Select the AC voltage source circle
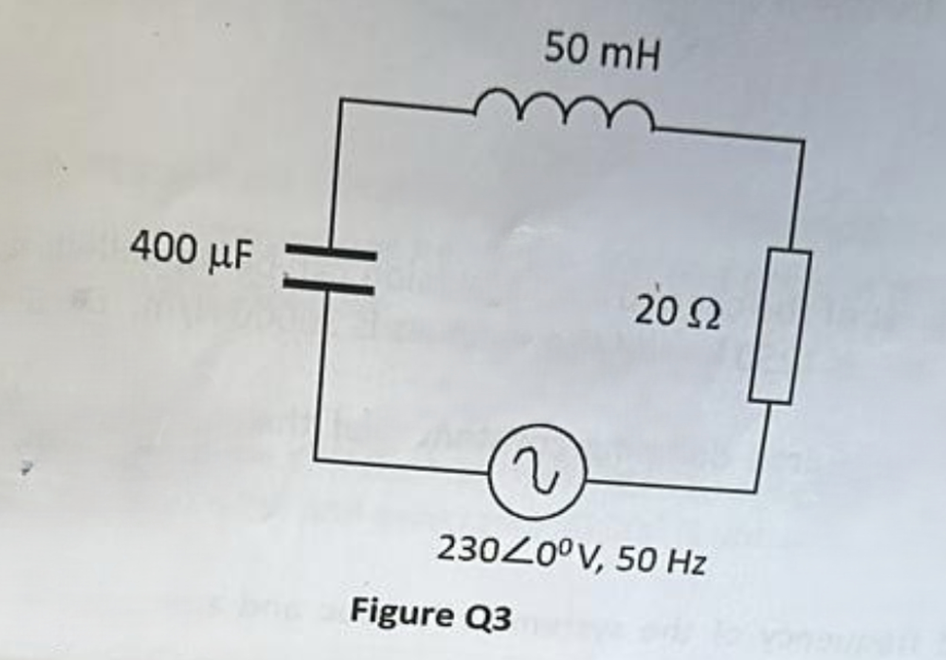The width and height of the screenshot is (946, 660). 537,472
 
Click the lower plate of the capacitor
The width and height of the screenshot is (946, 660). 328,287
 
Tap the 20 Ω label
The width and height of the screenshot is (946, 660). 678,313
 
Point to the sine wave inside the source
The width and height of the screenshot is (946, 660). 537,471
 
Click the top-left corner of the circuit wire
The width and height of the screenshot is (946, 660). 341,100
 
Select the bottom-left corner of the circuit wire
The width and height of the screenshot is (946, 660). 315,459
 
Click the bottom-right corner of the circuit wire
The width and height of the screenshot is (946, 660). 756,490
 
